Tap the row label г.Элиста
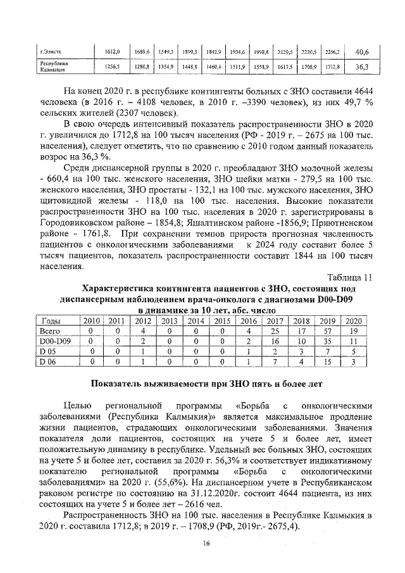click(51, 51)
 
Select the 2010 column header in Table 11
click(92, 321)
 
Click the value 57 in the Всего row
click(328, 331)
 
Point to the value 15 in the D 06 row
click(328, 362)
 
